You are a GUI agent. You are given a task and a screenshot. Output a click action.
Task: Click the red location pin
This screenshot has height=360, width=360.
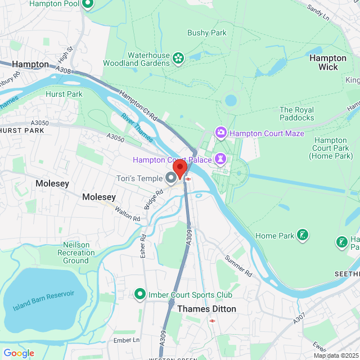pyautogui.click(x=179, y=169)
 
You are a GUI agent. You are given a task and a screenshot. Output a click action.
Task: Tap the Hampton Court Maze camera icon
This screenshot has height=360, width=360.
pyautogui.click(x=221, y=133)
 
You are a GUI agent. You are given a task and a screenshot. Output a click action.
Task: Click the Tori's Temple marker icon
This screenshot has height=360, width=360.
pyautogui.click(x=171, y=178)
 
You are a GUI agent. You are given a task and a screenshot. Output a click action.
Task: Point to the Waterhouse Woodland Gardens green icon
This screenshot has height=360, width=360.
pyautogui.click(x=178, y=57)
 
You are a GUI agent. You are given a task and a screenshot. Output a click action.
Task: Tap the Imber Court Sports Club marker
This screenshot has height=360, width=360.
pyautogui.click(x=139, y=294)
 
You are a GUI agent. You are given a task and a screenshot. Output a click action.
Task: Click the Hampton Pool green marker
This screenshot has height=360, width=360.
pyautogui.click(x=88, y=5)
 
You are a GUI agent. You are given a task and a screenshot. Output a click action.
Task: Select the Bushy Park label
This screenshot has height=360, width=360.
pyautogui.click(x=207, y=33)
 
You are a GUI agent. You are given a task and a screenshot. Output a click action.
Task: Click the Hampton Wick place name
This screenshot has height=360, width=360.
pyautogui.click(x=328, y=62)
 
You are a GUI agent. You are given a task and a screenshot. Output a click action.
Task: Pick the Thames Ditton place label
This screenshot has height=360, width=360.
pyautogui.click(x=206, y=309)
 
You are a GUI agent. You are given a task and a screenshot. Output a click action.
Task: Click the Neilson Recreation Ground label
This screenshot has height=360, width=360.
pyautogui.click(x=76, y=253)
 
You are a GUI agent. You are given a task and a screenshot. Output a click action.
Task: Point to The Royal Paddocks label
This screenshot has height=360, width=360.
pyautogui.click(x=297, y=114)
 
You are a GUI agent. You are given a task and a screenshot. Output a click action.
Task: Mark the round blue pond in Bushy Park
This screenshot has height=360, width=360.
pyautogui.click(x=231, y=101)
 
